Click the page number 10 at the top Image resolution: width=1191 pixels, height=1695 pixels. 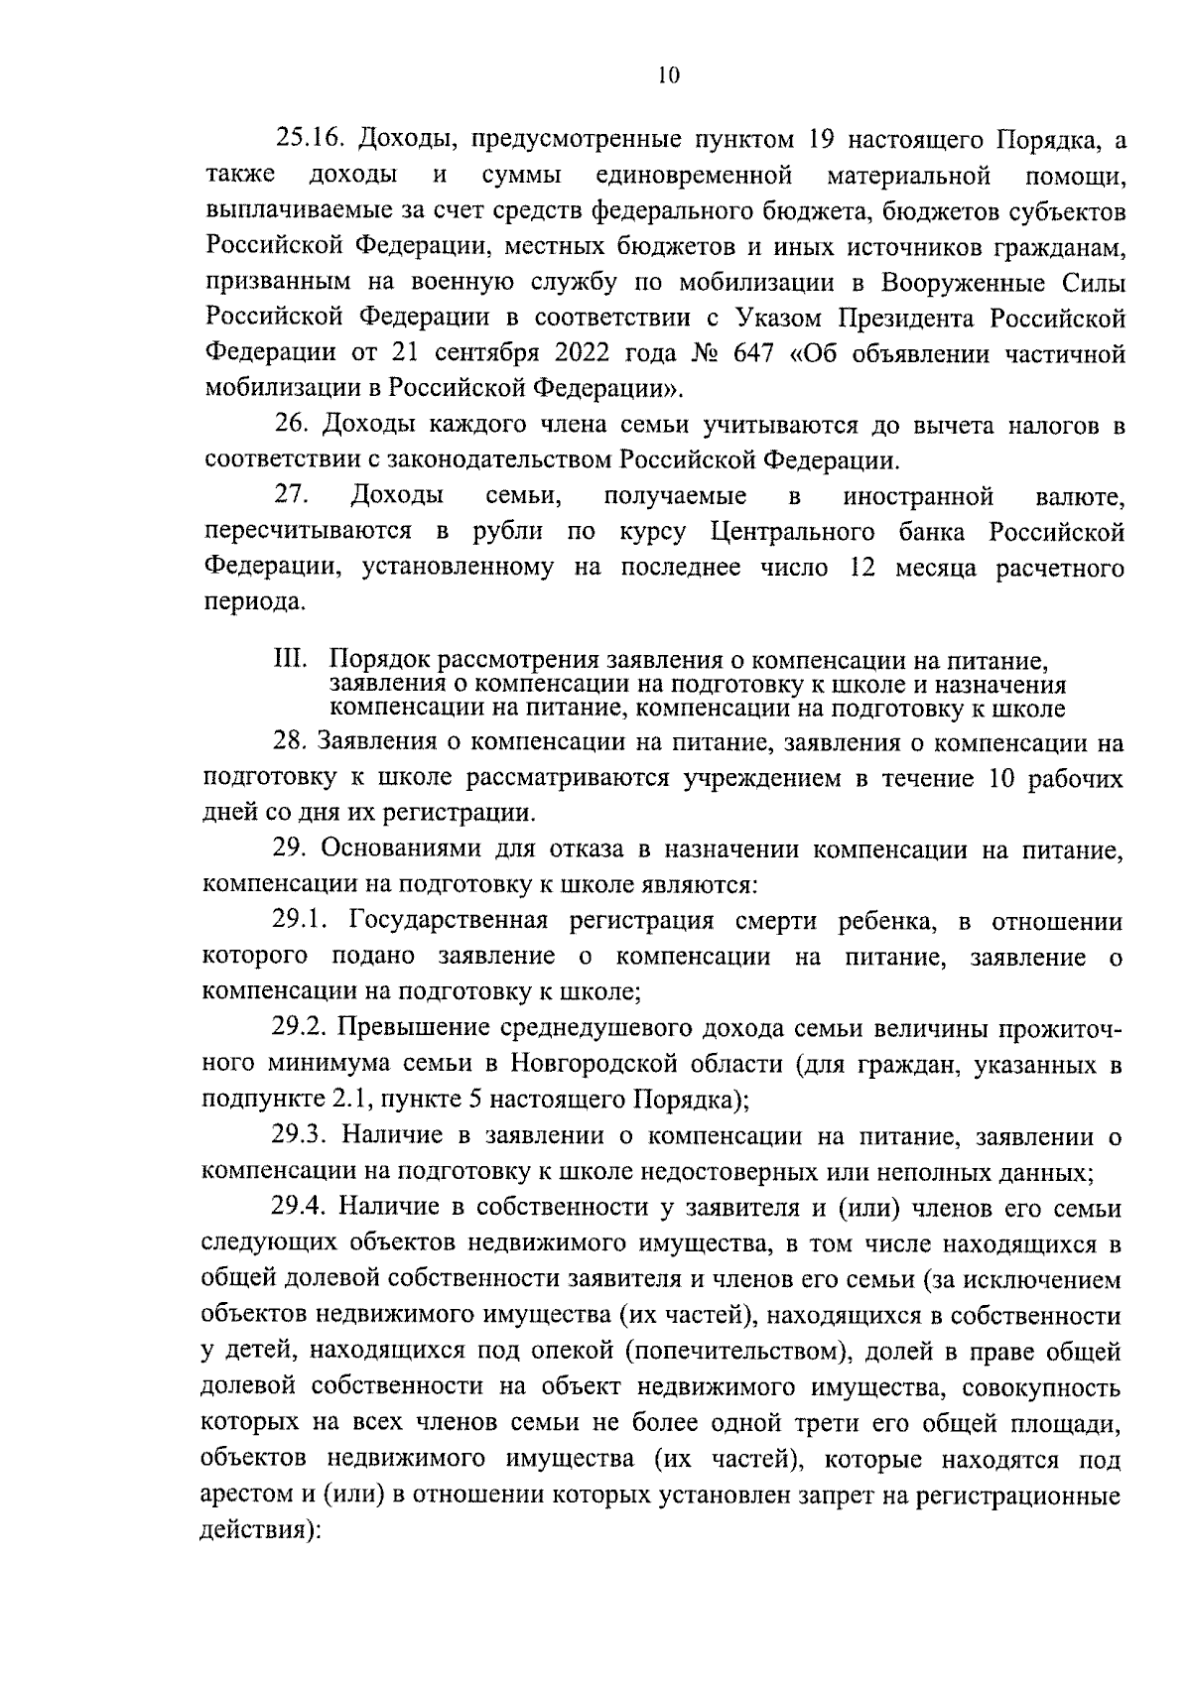point(667,75)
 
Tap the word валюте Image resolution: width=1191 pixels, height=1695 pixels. point(1079,495)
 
